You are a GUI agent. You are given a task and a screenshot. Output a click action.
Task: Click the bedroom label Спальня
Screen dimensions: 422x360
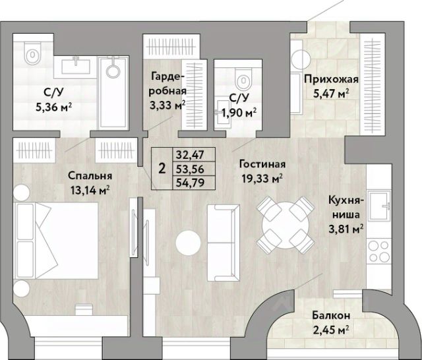(90, 176)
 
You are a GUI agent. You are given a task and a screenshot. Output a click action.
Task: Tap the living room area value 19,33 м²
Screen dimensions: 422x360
(262, 178)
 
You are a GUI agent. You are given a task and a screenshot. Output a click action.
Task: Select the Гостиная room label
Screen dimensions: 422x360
(262, 164)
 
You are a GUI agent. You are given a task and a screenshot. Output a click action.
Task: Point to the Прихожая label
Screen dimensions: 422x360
(331, 80)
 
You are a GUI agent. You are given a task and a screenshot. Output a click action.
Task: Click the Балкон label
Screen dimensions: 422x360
(331, 315)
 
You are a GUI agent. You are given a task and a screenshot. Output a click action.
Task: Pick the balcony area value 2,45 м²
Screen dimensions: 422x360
(331, 329)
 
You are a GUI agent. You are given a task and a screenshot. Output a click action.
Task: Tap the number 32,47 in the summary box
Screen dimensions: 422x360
(190, 155)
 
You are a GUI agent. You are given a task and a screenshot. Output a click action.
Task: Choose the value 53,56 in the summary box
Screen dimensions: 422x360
(190, 169)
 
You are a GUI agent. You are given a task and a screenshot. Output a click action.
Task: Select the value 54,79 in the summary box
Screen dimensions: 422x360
(190, 183)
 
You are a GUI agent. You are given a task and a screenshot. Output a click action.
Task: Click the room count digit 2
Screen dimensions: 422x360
(162, 169)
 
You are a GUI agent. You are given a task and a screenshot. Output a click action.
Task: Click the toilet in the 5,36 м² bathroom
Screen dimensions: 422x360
(32, 53)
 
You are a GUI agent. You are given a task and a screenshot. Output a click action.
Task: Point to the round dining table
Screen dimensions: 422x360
(286, 225)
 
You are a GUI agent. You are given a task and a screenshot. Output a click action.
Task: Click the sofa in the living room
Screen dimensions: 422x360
(224, 243)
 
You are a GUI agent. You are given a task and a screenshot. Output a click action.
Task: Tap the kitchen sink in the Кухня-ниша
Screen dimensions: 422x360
(380, 205)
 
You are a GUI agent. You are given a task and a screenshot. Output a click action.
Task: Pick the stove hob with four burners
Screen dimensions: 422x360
(379, 251)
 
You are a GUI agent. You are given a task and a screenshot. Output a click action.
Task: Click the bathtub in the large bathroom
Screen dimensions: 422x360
(113, 93)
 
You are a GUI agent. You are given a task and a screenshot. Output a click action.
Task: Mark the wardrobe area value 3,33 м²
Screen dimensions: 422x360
(167, 105)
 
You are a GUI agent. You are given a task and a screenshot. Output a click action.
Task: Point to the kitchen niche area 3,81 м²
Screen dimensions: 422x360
(346, 229)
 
